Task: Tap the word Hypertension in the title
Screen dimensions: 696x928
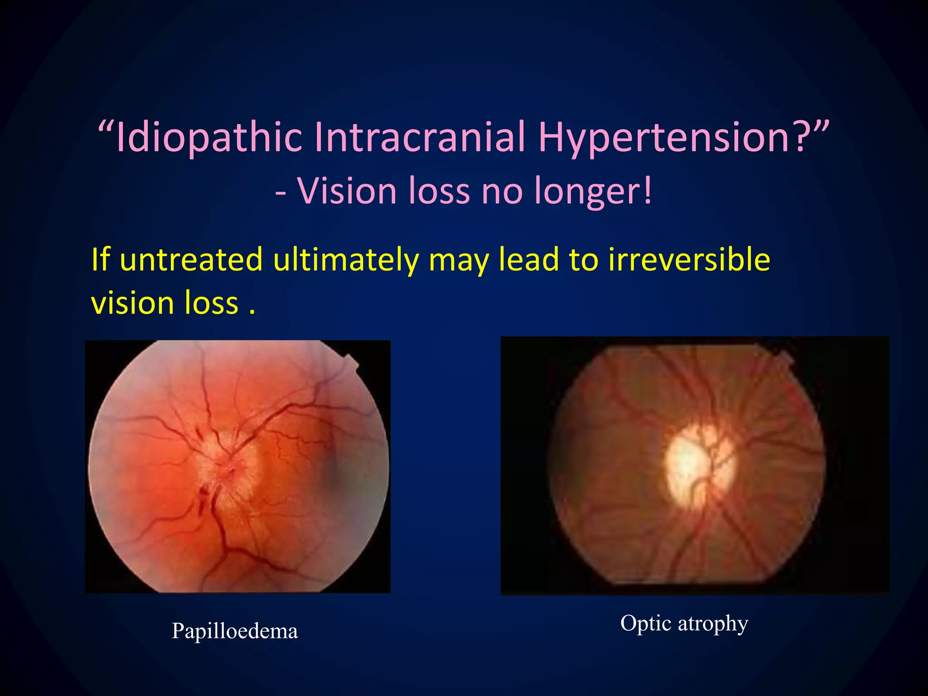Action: point(664,137)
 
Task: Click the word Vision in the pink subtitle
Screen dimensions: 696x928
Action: point(347,191)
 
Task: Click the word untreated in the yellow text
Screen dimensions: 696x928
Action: point(191,260)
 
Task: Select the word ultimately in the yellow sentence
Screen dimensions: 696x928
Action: point(346,260)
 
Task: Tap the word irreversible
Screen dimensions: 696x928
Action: point(689,260)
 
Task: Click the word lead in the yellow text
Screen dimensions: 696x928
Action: point(528,260)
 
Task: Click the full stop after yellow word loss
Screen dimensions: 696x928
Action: point(252,313)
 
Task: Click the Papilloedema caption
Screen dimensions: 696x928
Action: point(235,631)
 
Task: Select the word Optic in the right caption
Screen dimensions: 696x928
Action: point(645,623)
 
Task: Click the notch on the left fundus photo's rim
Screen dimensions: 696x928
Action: point(351,362)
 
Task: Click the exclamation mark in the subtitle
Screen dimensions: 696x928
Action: point(648,191)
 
